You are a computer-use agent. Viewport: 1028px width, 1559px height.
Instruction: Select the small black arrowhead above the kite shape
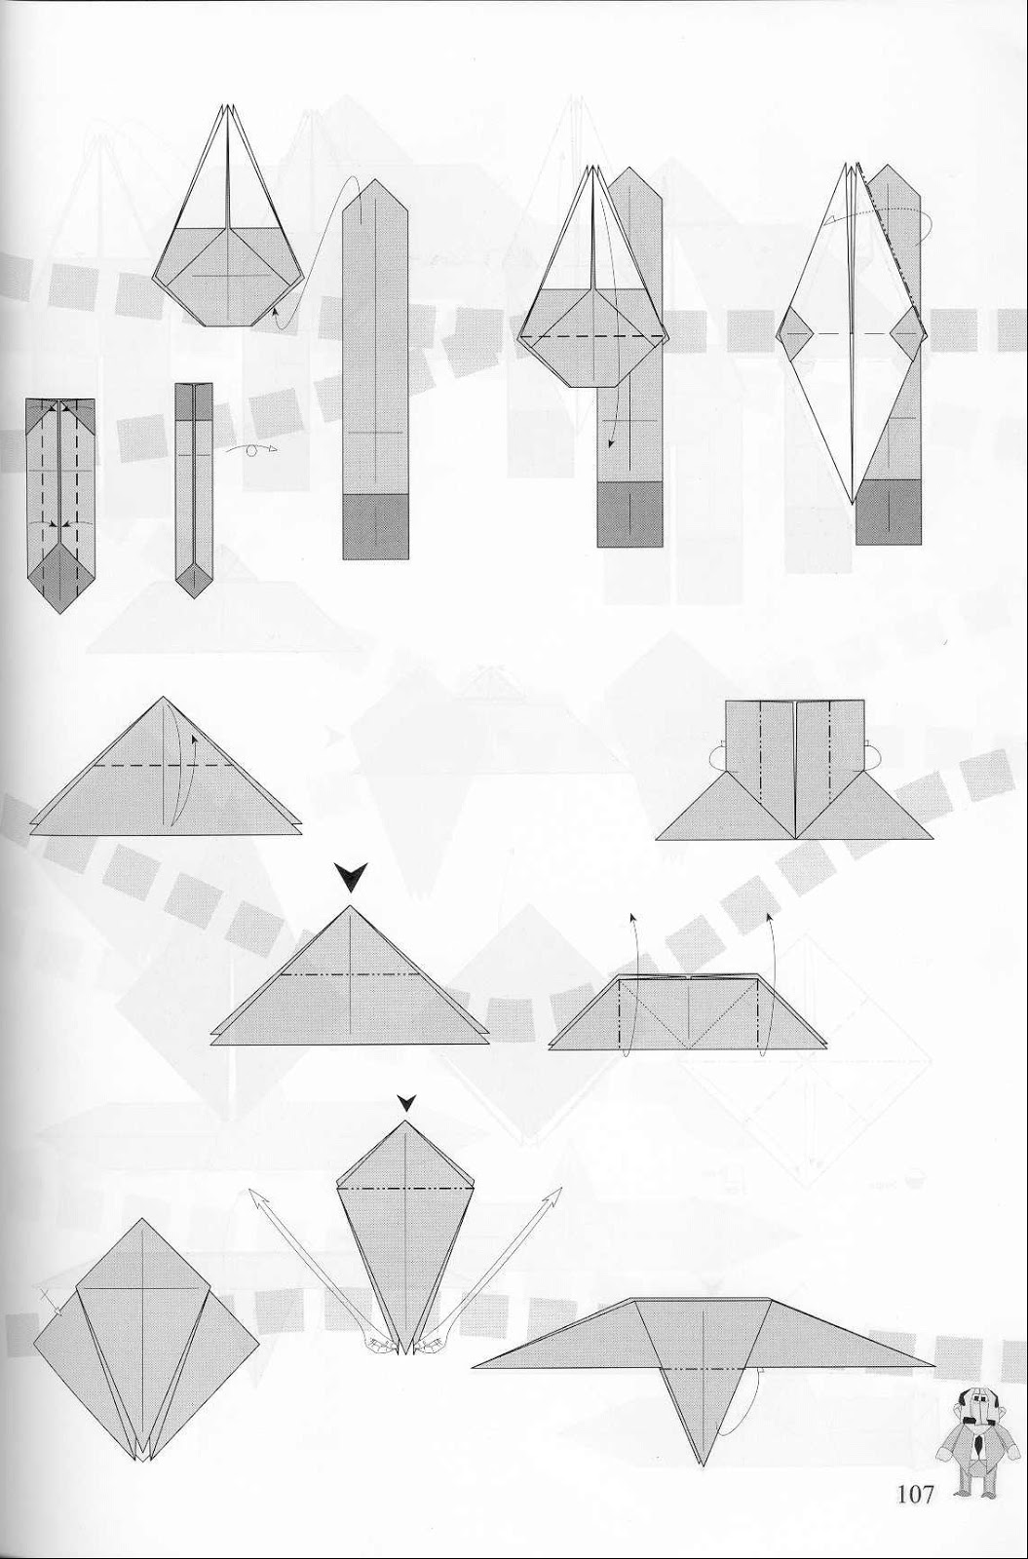coord(405,1103)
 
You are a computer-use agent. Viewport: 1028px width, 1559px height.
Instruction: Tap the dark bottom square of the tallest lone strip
coord(375,526)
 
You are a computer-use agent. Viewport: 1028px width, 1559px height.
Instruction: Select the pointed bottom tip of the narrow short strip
coord(193,594)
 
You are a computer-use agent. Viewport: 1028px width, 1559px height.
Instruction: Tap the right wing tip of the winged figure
coord(931,1363)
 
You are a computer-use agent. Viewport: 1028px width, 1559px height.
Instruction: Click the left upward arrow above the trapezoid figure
coord(631,918)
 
